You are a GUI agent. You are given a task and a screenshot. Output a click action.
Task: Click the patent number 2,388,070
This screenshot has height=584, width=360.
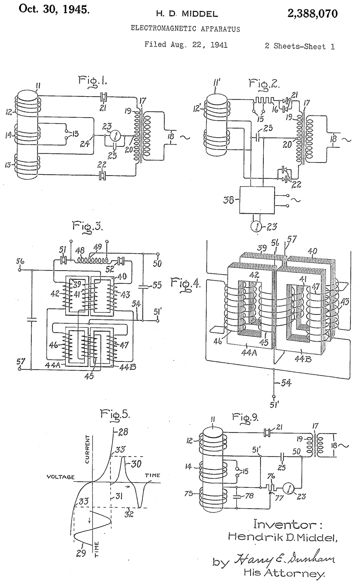coord(313,14)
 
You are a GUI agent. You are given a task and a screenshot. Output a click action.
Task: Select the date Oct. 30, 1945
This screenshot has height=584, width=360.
coord(54,10)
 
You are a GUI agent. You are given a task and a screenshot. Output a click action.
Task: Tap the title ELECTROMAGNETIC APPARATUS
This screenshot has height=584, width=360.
coord(185,28)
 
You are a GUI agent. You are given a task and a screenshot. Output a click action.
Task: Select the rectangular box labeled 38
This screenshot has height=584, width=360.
coord(257,199)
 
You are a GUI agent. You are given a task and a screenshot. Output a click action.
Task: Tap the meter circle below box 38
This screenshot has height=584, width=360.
coord(256,227)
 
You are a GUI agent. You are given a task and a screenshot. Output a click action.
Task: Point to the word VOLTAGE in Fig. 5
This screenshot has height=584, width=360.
coord(61,477)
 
